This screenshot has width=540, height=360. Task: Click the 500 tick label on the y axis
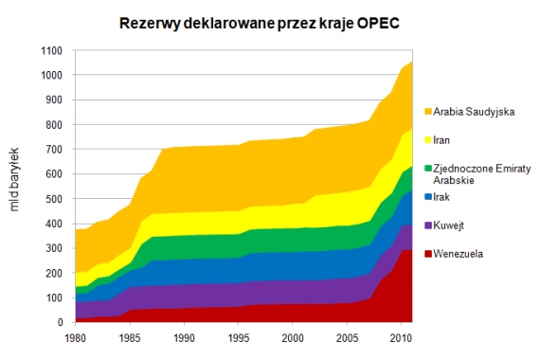(55, 199)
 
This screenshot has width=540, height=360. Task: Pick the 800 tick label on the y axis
(55, 124)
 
